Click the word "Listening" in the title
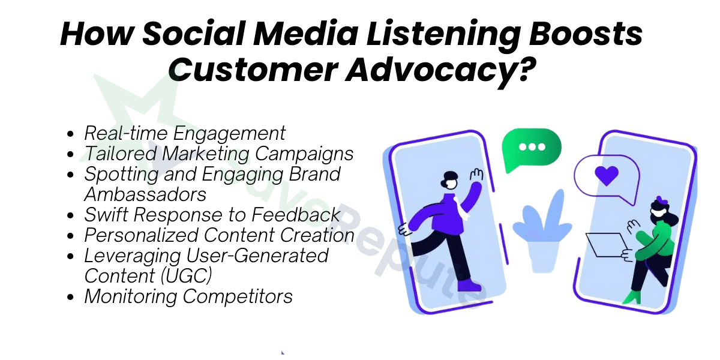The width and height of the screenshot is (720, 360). pyautogui.click(x=443, y=35)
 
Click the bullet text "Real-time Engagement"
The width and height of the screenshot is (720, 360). pyautogui.click(x=185, y=134)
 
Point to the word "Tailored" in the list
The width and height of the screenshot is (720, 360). pyautogui.click(x=121, y=154)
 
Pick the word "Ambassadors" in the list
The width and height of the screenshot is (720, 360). pyautogui.click(x=145, y=194)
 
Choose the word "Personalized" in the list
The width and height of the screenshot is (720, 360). pyautogui.click(x=141, y=235)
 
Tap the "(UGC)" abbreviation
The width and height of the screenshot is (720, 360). pyautogui.click(x=186, y=276)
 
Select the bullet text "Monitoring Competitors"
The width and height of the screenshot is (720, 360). pyautogui.click(x=188, y=296)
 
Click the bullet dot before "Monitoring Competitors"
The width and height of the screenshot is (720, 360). pyautogui.click(x=70, y=297)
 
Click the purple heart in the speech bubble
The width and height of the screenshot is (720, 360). pyautogui.click(x=607, y=175)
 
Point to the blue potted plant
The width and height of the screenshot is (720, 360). pyautogui.click(x=542, y=232)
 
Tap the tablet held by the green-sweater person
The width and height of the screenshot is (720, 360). pyautogui.click(x=607, y=245)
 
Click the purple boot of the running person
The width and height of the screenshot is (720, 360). pyautogui.click(x=470, y=285)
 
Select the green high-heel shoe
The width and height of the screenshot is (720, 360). pyautogui.click(x=632, y=298)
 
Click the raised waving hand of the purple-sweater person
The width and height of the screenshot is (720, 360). pyautogui.click(x=476, y=175)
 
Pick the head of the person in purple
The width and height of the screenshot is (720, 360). pyautogui.click(x=449, y=181)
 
